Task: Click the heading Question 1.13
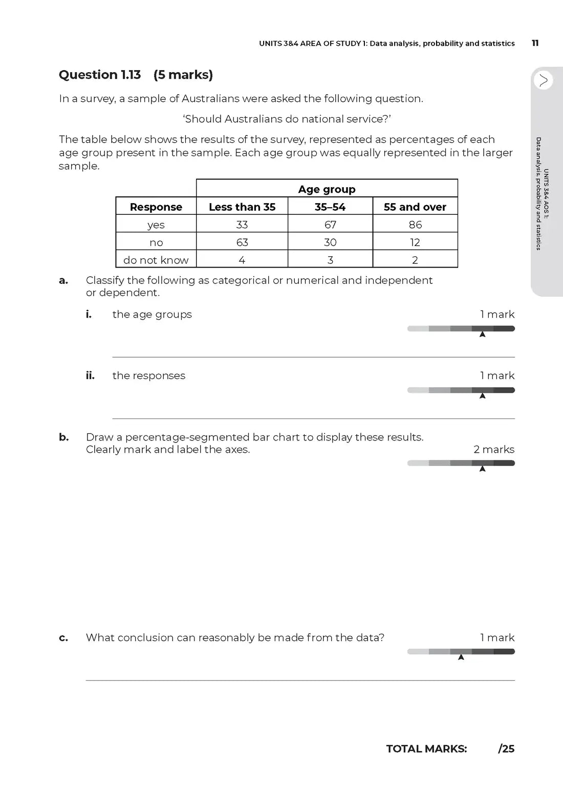[x=100, y=75]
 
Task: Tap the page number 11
[x=535, y=43]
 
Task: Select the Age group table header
[x=327, y=189]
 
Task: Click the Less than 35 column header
[x=242, y=207]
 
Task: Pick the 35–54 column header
[x=330, y=207]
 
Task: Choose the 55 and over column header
[x=415, y=207]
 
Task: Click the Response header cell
[x=156, y=207]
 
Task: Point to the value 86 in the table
[x=415, y=225]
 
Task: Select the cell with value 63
[x=242, y=242]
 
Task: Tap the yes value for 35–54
[x=330, y=225]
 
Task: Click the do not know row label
[x=156, y=260]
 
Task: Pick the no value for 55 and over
[x=415, y=242]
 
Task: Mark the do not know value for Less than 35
[x=242, y=260]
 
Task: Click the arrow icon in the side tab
[x=543, y=80]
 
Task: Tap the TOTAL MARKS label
[x=426, y=749]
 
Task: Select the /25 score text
[x=506, y=749]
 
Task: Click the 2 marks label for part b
[x=494, y=449]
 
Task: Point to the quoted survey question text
[x=287, y=119]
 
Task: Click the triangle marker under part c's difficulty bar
[x=461, y=657]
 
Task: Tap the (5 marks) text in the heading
[x=183, y=75]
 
